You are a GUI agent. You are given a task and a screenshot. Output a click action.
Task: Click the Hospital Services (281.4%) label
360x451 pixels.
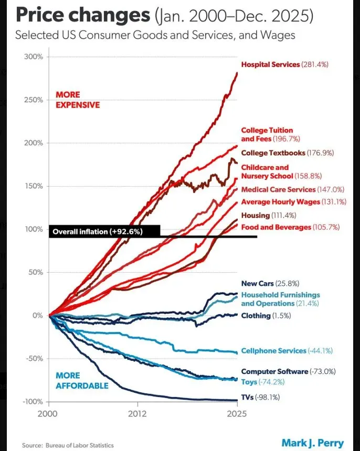(284, 65)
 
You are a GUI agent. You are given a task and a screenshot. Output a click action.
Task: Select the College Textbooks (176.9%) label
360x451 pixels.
(288, 153)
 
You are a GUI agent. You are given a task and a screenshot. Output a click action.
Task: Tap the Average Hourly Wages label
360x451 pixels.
(288, 202)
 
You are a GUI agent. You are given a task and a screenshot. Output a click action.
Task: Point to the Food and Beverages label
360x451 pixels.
(290, 227)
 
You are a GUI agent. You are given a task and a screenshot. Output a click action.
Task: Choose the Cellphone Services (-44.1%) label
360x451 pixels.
(287, 351)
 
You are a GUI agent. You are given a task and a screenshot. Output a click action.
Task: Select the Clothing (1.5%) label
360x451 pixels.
(266, 316)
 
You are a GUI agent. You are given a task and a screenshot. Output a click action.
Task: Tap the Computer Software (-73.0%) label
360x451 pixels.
(288, 371)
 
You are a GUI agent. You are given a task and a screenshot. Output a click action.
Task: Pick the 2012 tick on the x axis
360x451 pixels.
(137, 413)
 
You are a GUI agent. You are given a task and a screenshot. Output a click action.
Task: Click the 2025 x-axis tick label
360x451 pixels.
(237, 413)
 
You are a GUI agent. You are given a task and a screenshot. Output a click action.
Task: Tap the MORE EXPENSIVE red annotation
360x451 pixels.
(77, 100)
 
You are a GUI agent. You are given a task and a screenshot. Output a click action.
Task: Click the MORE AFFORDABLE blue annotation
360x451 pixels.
(82, 381)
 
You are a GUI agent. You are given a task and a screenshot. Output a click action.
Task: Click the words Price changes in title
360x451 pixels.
(82, 16)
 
